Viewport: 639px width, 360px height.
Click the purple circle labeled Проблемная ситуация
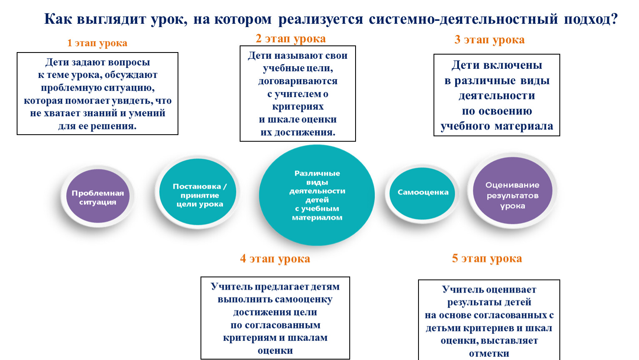tap(98, 196)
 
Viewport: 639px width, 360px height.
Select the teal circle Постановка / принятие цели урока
tap(198, 192)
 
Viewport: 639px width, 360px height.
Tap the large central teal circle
tap(317, 195)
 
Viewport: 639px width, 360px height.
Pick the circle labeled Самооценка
tap(422, 193)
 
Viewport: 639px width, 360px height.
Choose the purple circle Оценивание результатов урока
tap(513, 190)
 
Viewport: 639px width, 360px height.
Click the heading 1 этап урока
tap(97, 43)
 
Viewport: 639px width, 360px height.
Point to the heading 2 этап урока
tap(291, 39)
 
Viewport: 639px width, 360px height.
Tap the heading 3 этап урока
tap(489, 40)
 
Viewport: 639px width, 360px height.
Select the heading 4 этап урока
tap(275, 259)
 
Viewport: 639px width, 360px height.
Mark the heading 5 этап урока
tap(487, 258)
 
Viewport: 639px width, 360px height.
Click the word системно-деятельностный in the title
tap(463, 20)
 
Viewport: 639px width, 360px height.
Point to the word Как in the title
tap(58, 20)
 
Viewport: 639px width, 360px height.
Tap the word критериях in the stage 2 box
tap(298, 107)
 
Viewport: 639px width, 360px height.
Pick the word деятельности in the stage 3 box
tap(496, 96)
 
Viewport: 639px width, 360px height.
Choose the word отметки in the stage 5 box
tap(489, 354)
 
